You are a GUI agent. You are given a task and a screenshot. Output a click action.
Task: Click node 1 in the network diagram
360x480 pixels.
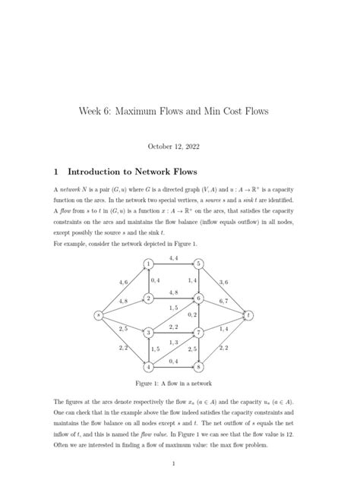point(150,264)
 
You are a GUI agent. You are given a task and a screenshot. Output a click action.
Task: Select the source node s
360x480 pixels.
point(98,314)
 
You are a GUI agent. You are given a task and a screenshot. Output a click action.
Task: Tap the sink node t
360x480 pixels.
point(248,314)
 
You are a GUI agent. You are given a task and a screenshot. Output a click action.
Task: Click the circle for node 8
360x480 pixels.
point(198,367)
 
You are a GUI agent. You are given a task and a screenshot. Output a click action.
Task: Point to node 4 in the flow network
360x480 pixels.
point(150,367)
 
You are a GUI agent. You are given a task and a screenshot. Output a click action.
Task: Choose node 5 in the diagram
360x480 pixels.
point(198,264)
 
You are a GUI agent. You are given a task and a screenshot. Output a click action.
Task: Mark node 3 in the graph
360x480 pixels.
point(150,333)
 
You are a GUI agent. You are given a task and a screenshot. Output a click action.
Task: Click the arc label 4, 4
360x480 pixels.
point(174,258)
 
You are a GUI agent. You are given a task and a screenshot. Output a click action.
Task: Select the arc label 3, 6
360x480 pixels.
point(224,282)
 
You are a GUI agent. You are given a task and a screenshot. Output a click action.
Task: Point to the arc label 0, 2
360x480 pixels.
point(193,314)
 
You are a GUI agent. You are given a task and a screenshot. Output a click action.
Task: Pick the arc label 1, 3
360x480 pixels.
point(174,343)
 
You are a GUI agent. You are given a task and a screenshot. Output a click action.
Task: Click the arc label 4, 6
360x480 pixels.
point(124,282)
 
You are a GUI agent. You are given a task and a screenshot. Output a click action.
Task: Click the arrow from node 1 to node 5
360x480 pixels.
point(174,264)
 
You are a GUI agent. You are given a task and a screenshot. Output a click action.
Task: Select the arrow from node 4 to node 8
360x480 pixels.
point(174,367)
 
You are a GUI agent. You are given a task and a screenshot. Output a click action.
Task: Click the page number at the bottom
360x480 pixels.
point(174,463)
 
